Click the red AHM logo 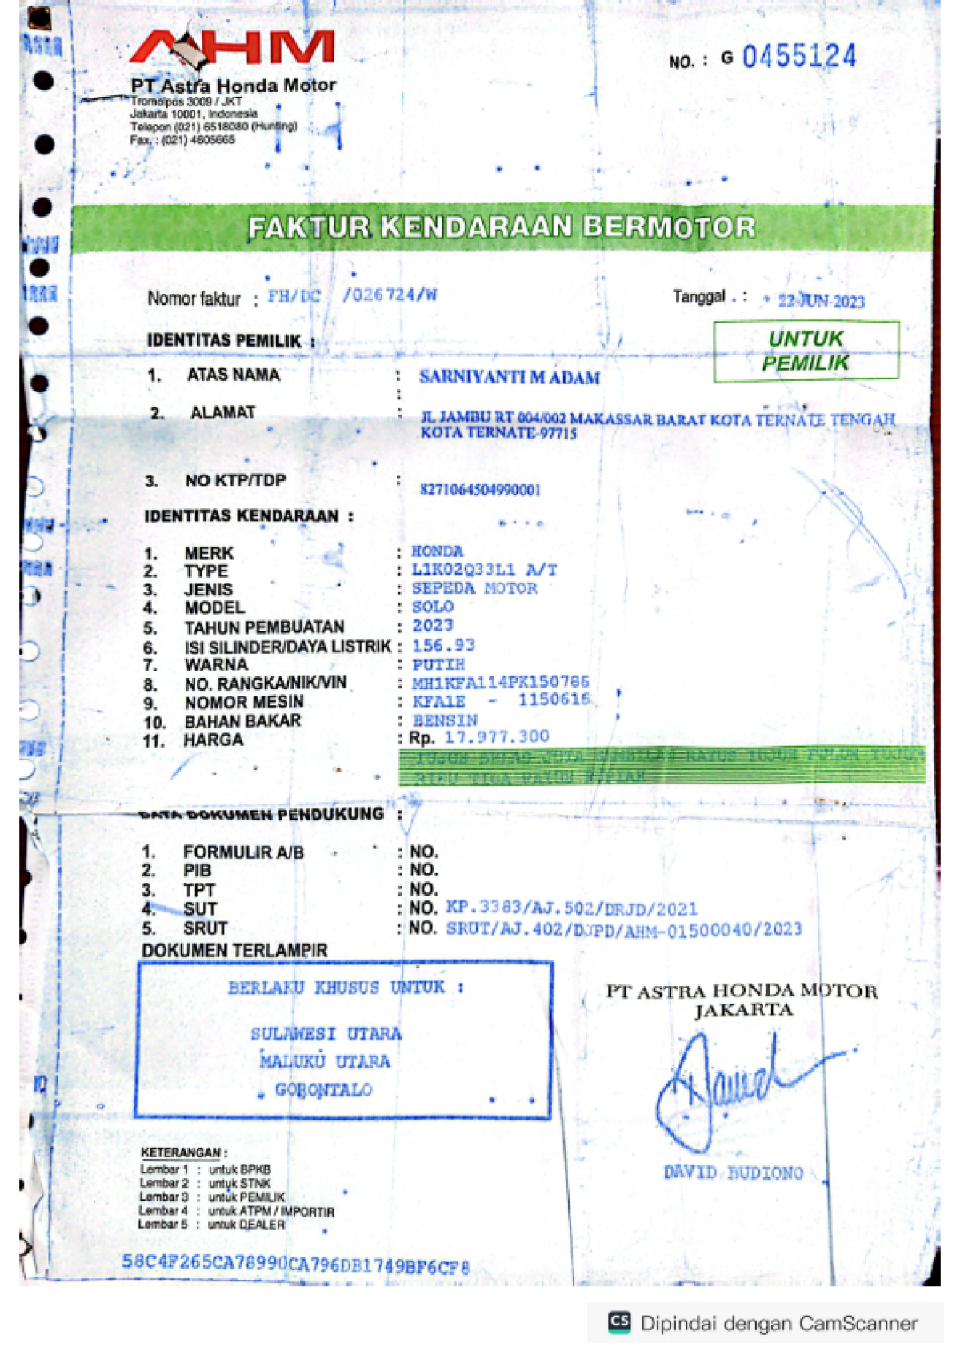tap(232, 48)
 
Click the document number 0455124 tap(798, 57)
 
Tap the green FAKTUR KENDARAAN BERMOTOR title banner tap(502, 228)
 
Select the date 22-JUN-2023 tap(821, 302)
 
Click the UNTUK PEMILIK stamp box tap(806, 351)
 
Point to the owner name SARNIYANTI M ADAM tap(510, 378)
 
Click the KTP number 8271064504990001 tap(480, 490)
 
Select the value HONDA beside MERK tap(437, 551)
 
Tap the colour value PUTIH tap(438, 665)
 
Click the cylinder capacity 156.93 tap(443, 645)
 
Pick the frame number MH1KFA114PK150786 tap(500, 683)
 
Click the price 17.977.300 tap(497, 737)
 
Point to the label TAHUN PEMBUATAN tap(264, 627)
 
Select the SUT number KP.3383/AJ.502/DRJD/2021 tap(571, 908)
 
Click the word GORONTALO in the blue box tap(323, 1090)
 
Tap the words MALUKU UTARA tap(325, 1062)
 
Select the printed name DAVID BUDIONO tap(733, 1173)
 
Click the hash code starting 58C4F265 tap(295, 1264)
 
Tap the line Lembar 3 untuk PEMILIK tap(212, 1197)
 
